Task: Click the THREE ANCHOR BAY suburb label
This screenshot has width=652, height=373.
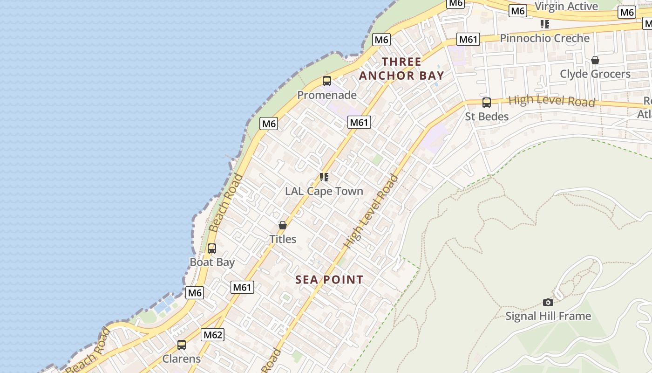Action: (x=401, y=69)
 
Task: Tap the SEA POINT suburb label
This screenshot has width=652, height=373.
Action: (x=329, y=280)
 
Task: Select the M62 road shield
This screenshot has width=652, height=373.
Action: (x=213, y=335)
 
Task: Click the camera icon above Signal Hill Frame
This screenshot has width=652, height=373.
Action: (x=548, y=302)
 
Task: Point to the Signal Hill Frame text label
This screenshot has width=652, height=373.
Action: (x=548, y=316)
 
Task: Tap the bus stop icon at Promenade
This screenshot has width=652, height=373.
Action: (x=327, y=81)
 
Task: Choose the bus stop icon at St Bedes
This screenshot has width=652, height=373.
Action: (x=487, y=103)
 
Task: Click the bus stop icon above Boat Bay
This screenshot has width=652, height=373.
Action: (x=212, y=249)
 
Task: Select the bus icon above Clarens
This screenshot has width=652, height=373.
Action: (x=182, y=345)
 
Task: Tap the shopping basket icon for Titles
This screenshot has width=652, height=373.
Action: (x=283, y=225)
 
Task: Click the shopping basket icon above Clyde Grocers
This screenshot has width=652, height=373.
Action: (x=595, y=60)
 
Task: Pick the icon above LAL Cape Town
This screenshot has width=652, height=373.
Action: (x=324, y=177)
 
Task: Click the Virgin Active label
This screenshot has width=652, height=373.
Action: (x=566, y=7)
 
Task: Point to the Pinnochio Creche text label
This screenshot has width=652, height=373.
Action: (x=544, y=38)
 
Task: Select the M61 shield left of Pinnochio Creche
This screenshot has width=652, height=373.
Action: (x=468, y=39)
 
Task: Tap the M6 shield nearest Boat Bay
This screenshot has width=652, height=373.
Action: (x=195, y=293)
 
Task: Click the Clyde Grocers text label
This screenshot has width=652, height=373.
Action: (x=595, y=74)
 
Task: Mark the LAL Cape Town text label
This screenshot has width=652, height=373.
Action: (x=324, y=191)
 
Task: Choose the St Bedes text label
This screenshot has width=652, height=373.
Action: (x=487, y=117)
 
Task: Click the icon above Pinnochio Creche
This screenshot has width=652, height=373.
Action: (x=544, y=24)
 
